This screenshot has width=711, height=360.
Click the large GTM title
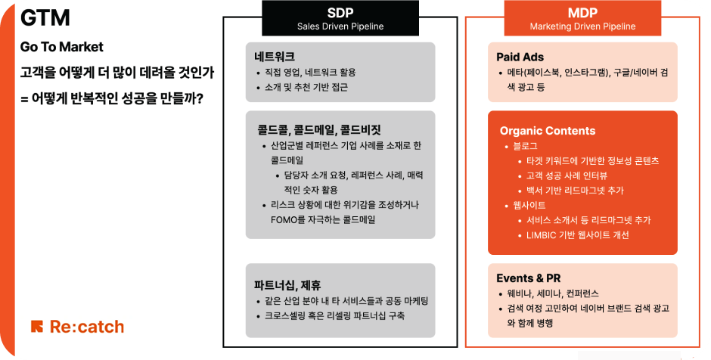click(x=45, y=18)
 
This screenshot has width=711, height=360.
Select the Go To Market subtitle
click(x=62, y=47)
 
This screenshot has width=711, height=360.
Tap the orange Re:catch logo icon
click(x=37, y=327)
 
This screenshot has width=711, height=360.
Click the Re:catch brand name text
click(x=87, y=327)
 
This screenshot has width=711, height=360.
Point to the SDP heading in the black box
click(x=340, y=13)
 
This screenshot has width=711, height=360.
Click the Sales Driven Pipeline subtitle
click(x=340, y=26)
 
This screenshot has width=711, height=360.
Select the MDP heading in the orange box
click(x=582, y=13)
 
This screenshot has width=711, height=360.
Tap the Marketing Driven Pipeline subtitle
click(x=582, y=26)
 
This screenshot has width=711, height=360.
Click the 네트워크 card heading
click(x=275, y=57)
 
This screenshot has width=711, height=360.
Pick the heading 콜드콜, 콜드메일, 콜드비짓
click(x=319, y=130)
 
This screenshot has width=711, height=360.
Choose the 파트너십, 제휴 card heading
click(x=287, y=285)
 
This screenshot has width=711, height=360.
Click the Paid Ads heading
click(x=520, y=57)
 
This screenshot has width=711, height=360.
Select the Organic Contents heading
click(x=548, y=131)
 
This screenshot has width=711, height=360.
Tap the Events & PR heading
click(x=528, y=278)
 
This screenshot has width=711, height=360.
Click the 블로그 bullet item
click(x=525, y=146)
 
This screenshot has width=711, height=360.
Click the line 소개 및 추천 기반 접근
click(x=306, y=87)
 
